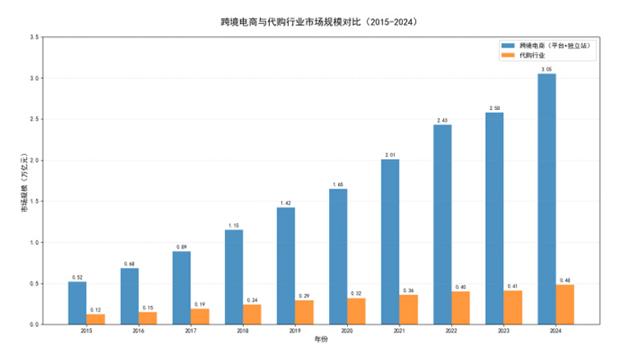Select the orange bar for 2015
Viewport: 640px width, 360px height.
coord(95,319)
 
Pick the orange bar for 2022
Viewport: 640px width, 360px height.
coord(460,308)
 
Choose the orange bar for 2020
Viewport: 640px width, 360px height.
coord(356,311)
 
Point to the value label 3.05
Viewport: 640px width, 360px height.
coord(546,70)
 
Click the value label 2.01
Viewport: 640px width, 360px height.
coord(391,155)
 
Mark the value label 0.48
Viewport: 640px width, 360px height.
coord(565,280)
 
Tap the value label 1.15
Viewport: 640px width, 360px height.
coord(234,226)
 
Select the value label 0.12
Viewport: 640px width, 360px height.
coord(95,310)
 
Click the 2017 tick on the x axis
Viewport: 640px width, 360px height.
coord(190,330)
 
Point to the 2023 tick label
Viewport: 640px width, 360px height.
coord(503,330)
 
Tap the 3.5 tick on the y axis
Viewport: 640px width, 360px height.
coord(34,37)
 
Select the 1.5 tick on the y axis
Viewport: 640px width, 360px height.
coord(34,201)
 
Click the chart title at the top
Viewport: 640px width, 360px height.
coord(320,20)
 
